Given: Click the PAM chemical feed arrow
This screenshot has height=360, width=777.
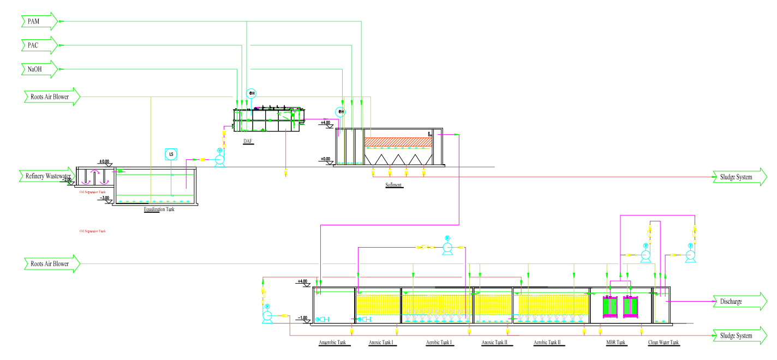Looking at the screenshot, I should click(x=39, y=21).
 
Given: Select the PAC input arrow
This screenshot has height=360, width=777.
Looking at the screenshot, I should click(x=39, y=45).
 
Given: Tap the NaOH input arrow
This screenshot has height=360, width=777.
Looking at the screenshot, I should click(x=39, y=69).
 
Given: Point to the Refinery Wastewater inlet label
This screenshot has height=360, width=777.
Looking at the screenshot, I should click(x=47, y=176).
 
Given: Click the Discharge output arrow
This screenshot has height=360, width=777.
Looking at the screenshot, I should click(x=739, y=301).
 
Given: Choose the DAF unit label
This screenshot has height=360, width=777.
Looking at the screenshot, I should click(x=248, y=141).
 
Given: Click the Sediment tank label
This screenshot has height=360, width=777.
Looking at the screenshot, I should click(x=393, y=185).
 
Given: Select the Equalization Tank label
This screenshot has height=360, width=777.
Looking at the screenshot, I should click(x=159, y=209).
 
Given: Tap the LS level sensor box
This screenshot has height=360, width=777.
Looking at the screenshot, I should click(x=171, y=154).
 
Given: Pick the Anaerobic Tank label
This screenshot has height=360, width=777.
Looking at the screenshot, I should click(x=333, y=343).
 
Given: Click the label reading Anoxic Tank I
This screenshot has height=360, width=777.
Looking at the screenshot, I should click(x=381, y=343).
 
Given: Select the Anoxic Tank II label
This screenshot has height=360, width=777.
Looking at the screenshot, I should click(x=494, y=343).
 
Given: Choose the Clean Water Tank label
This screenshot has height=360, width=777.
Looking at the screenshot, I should click(x=664, y=343).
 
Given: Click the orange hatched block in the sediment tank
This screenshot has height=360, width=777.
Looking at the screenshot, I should click(x=398, y=142).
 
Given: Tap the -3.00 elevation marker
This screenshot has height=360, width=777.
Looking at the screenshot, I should click(x=105, y=199).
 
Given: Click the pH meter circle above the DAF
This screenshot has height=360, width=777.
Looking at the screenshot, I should click(x=252, y=93).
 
